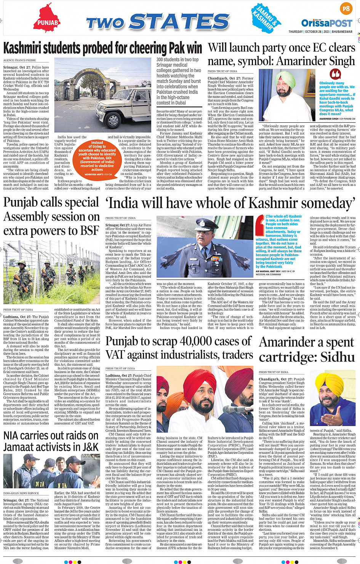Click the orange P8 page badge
(346, 8)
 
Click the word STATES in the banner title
(179, 22)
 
